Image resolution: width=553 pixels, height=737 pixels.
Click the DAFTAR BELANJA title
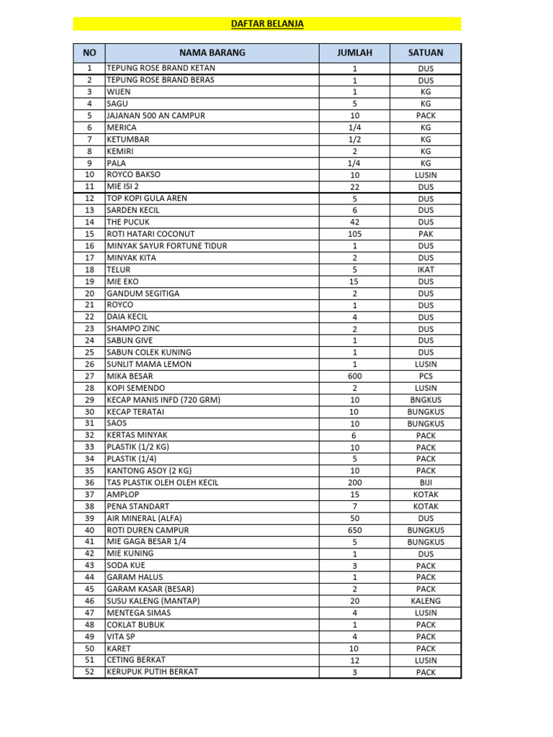(x=267, y=24)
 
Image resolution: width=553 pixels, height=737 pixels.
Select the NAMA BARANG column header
(x=212, y=53)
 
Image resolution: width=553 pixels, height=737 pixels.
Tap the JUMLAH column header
(x=354, y=53)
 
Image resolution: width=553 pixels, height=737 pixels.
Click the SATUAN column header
(x=426, y=53)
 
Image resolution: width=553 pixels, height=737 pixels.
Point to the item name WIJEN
(x=120, y=92)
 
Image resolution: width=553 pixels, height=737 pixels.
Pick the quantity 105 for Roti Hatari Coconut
(x=354, y=234)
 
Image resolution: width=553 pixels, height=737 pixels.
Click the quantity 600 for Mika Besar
(x=354, y=376)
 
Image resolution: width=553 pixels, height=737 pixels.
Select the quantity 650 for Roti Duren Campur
(x=354, y=530)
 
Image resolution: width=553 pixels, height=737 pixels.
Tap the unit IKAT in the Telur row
(x=426, y=270)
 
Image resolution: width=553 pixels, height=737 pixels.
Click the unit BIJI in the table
(x=426, y=483)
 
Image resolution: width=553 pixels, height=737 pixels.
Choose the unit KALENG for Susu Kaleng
(x=426, y=601)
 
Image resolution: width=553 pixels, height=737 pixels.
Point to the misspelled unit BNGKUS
(x=426, y=400)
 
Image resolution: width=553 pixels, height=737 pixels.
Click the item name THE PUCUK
(x=128, y=222)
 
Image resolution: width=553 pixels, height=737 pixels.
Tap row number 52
(x=89, y=672)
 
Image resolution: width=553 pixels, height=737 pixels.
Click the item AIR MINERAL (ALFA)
(x=145, y=518)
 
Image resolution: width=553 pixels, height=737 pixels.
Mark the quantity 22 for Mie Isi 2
(x=354, y=187)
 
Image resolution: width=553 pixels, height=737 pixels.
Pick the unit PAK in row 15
(x=426, y=234)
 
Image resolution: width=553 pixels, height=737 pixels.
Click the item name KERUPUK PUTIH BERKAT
(x=153, y=672)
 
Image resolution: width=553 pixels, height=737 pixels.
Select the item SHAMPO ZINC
(x=133, y=329)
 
